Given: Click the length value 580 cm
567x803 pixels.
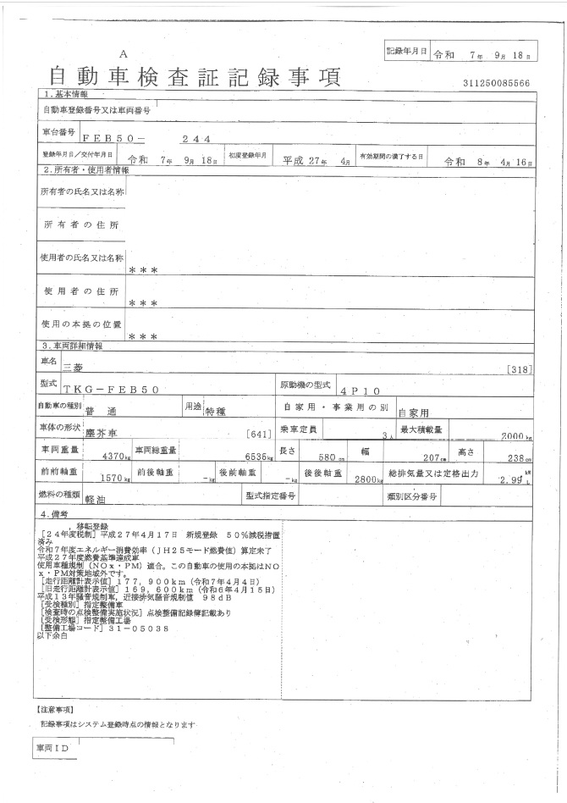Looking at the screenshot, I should [319, 457].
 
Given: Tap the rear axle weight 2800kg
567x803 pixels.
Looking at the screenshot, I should [369, 479].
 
